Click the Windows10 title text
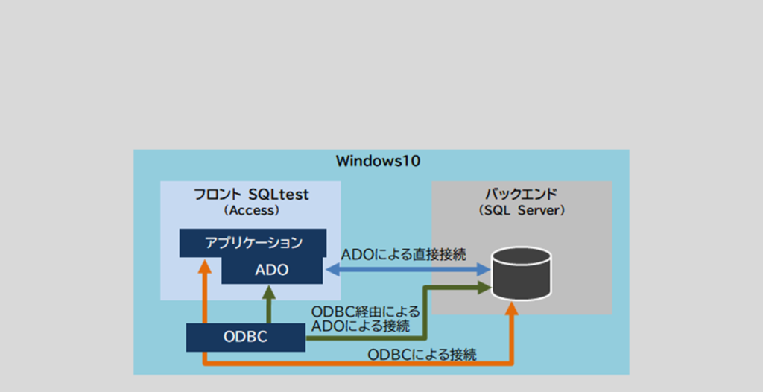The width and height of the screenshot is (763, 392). pyautogui.click(x=379, y=160)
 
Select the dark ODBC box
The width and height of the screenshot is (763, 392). pyautogui.click(x=246, y=337)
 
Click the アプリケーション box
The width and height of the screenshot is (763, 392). pyautogui.click(x=253, y=242)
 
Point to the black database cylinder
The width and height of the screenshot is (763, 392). pyautogui.click(x=522, y=270)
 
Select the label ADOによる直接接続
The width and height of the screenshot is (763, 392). pyautogui.click(x=404, y=254)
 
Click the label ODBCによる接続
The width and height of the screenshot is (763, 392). pyautogui.click(x=422, y=355)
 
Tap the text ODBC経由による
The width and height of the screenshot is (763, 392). pyautogui.click(x=365, y=311)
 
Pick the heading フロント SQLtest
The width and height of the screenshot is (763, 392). pyautogui.click(x=251, y=195)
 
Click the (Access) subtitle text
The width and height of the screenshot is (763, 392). pyautogui.click(x=251, y=211)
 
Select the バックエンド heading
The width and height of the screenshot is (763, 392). pyautogui.click(x=522, y=195)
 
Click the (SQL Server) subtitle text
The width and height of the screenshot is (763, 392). pyautogui.click(x=522, y=211)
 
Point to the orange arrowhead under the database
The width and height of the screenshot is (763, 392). pyautogui.click(x=511, y=310)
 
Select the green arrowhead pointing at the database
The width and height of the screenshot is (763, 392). pyautogui.click(x=484, y=285)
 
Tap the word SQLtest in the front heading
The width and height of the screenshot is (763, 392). pyautogui.click(x=280, y=195)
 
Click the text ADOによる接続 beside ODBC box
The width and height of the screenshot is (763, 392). pyautogui.click(x=361, y=326)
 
